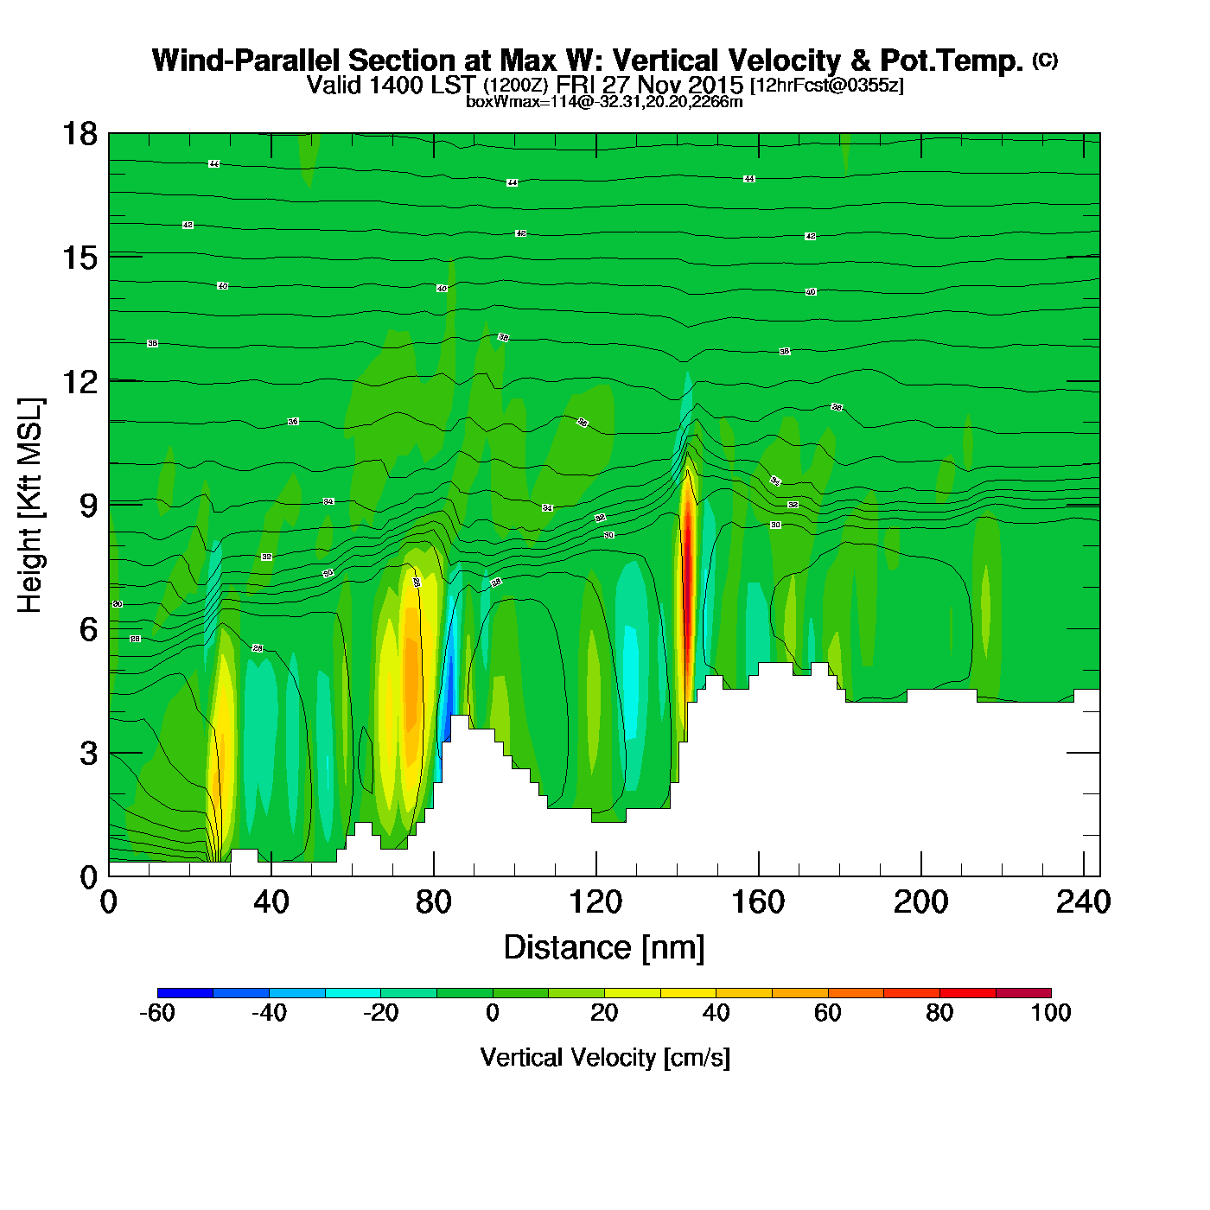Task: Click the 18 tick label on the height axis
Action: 80,134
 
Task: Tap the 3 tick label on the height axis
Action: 88,754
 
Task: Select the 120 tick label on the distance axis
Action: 595,902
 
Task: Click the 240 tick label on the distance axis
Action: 1082,902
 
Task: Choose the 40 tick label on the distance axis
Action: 271,902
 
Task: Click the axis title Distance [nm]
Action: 604,948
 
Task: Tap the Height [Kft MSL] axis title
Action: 30,506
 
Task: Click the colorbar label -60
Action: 157,1013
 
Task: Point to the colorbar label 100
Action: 1051,1013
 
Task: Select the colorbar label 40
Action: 716,1013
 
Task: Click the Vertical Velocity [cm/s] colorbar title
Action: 605,1057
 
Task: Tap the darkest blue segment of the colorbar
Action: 185,992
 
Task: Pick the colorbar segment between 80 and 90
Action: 967,992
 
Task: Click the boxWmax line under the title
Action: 604,102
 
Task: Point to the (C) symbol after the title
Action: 1045,60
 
